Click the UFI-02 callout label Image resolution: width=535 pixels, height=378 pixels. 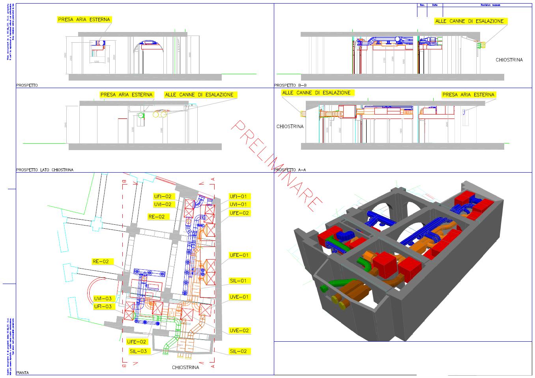(162, 196)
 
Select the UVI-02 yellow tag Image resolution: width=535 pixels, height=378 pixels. (162, 204)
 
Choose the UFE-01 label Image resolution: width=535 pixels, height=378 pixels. (239, 255)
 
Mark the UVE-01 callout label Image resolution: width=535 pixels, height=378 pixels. (239, 297)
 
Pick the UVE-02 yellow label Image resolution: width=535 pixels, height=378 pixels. (239, 331)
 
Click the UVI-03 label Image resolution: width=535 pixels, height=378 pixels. (102, 299)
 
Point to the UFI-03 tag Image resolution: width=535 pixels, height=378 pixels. (102, 307)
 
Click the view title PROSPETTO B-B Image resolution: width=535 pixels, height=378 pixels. (290, 85)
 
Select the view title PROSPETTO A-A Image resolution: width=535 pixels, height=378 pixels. (290, 170)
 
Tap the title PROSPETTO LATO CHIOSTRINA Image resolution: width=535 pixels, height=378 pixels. (45, 170)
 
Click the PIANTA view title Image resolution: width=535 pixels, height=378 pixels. (22, 372)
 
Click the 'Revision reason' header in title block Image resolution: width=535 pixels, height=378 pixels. (490, 5)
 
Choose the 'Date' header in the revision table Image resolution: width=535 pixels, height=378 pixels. (435, 5)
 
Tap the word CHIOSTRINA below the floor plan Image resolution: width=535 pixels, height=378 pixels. (185, 367)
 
